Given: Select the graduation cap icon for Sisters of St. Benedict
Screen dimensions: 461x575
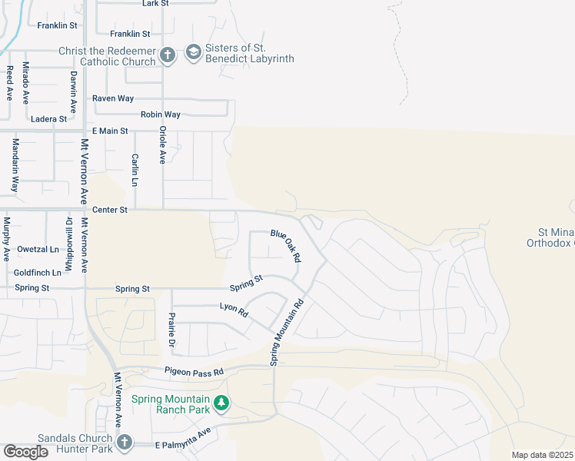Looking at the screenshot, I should (192, 53).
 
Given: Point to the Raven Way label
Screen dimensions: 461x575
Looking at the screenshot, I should (113, 99).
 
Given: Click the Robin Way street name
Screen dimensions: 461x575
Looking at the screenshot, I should (160, 115).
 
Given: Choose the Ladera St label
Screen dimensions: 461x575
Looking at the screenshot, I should (50, 119).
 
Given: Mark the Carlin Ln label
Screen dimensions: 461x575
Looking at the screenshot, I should (135, 170).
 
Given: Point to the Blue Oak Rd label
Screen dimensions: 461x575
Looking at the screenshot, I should (284, 246).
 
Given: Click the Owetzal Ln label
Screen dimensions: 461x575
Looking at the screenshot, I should (38, 250).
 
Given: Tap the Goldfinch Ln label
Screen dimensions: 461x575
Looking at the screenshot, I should (37, 273).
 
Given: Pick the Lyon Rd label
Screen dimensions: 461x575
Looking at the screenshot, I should (234, 310).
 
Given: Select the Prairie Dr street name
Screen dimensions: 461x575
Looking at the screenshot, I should (172, 330).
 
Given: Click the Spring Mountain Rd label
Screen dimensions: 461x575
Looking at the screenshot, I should (287, 332).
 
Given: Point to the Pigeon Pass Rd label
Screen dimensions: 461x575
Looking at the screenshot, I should (194, 372).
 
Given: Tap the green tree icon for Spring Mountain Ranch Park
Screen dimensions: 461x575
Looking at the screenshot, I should (221, 402).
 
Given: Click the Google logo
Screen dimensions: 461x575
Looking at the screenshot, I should (25, 452).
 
